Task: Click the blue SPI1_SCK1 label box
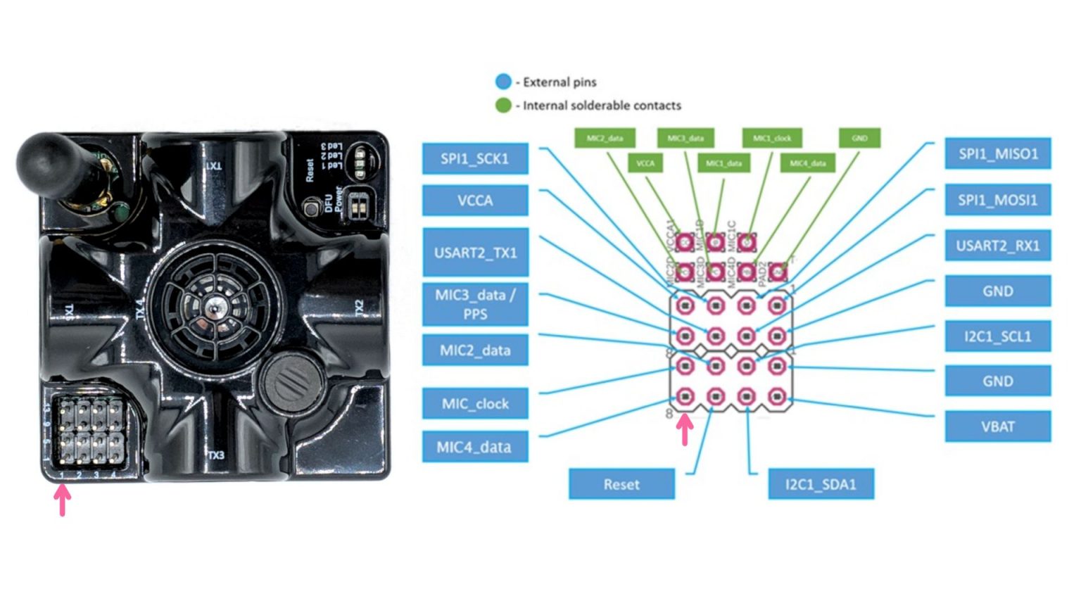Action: tap(475, 159)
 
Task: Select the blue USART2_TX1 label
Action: tap(475, 252)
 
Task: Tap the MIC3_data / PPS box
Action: tap(475, 304)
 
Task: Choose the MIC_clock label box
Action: tap(475, 403)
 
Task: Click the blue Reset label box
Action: tap(621, 484)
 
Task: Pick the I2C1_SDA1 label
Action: tap(821, 484)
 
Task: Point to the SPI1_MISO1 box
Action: tap(997, 153)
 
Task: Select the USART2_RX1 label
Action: tap(997, 246)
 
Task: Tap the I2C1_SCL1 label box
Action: tap(997, 336)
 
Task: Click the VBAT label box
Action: tap(997, 426)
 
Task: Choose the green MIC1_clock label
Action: tap(772, 138)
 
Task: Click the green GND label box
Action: tap(859, 138)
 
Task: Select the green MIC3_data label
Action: tap(685, 138)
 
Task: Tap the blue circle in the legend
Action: tap(503, 82)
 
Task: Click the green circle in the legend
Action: tap(503, 106)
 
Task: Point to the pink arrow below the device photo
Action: tap(63, 500)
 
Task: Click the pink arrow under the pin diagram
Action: tap(685, 429)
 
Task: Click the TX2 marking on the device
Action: tap(360, 308)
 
